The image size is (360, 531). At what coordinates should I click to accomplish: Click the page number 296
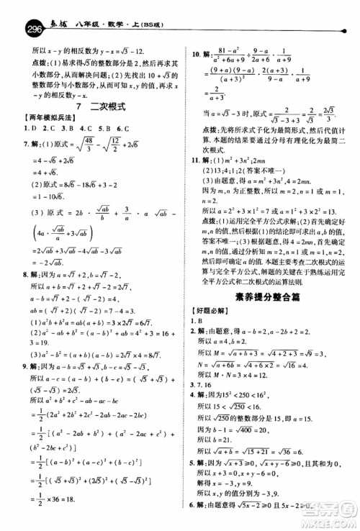(14, 13)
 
